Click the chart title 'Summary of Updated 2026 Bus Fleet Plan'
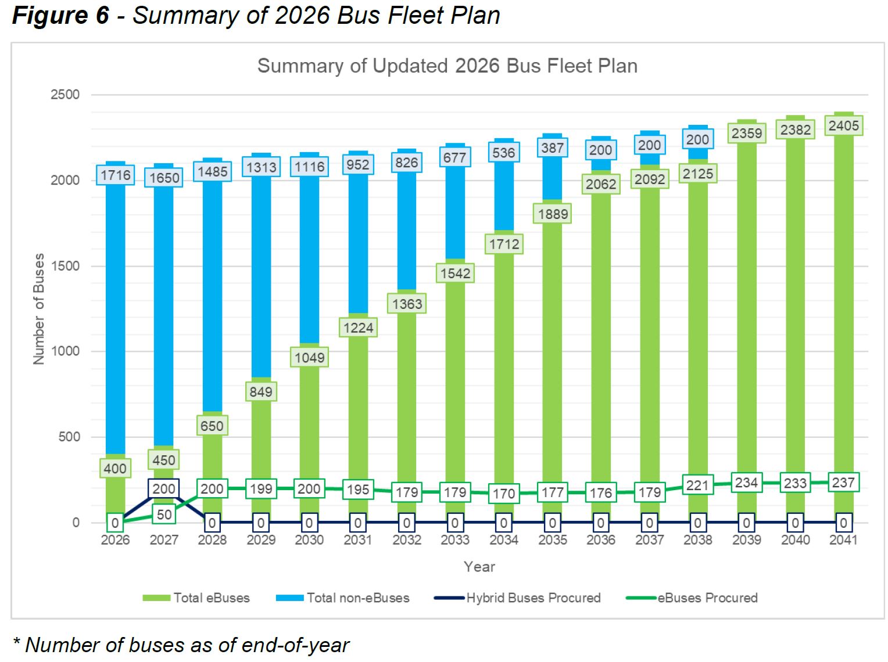[447, 66]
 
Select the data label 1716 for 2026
[116, 175]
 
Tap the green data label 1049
[309, 357]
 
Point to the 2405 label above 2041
[843, 125]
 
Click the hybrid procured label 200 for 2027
[164, 489]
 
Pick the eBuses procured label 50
[164, 515]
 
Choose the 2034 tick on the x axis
[503, 540]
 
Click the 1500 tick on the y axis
[65, 266]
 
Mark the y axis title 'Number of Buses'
[39, 309]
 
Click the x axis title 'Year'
[479, 567]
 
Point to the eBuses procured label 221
[697, 485]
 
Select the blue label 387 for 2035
[552, 148]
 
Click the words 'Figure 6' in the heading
[60, 16]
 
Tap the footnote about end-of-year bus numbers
[181, 645]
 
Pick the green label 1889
[553, 214]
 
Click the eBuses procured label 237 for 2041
[843, 483]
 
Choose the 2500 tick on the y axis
[65, 95]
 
